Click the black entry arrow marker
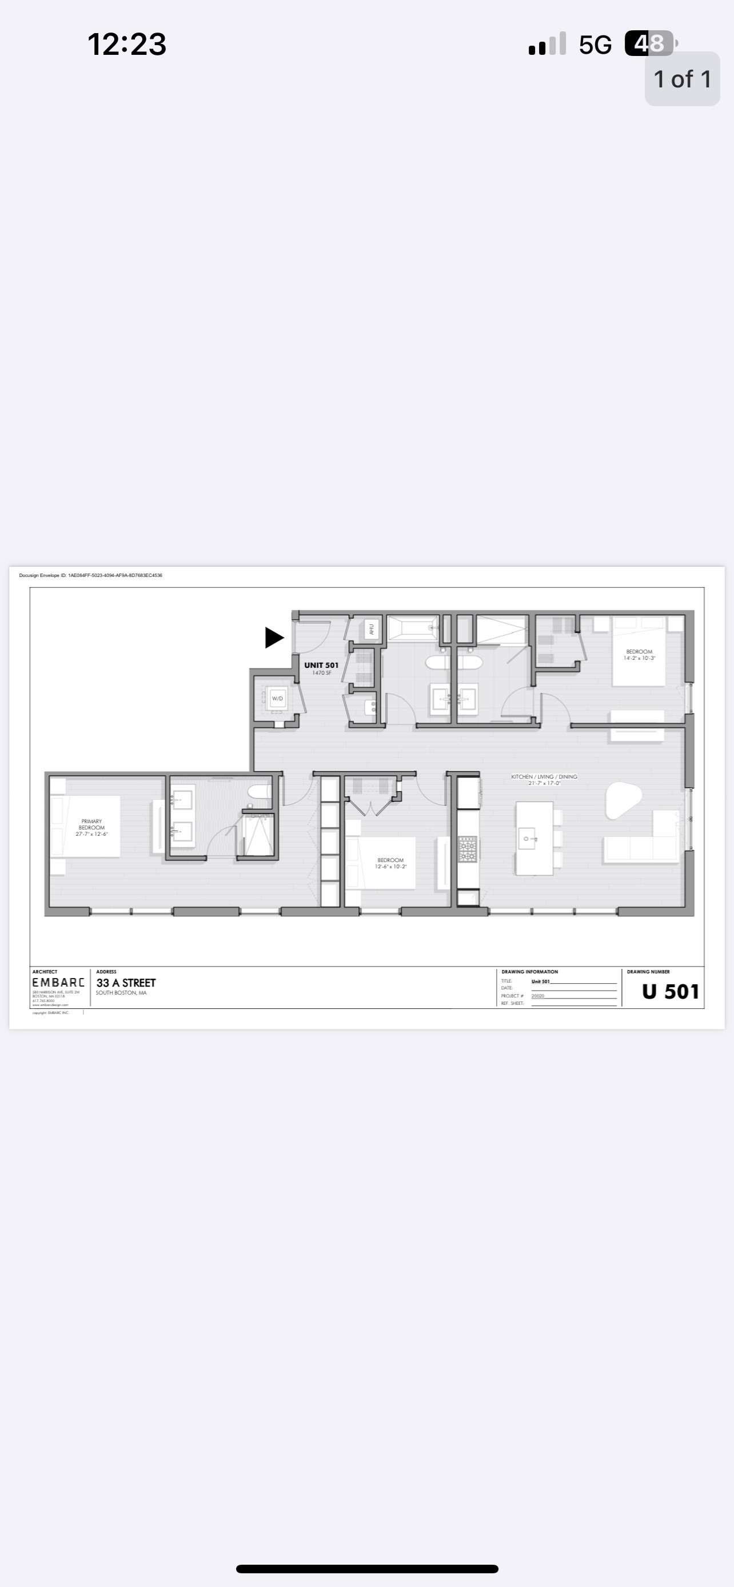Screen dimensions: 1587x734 (274, 637)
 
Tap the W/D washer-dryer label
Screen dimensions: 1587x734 (277, 698)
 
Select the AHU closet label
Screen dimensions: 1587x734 (371, 630)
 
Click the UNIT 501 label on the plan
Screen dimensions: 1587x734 (321, 666)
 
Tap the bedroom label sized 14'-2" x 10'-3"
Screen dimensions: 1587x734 (639, 654)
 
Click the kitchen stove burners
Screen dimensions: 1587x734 (468, 848)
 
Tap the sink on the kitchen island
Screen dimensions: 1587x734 (528, 839)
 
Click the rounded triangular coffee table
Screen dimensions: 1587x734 (623, 799)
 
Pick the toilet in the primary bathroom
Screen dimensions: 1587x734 (259, 791)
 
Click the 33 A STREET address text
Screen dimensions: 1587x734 (126, 983)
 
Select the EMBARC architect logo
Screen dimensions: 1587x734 (58, 983)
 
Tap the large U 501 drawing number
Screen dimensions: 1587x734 (670, 991)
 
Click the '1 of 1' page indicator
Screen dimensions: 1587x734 (682, 79)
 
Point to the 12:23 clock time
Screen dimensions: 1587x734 (126, 45)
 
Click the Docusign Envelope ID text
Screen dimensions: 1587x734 (90, 575)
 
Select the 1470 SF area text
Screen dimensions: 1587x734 (321, 673)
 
